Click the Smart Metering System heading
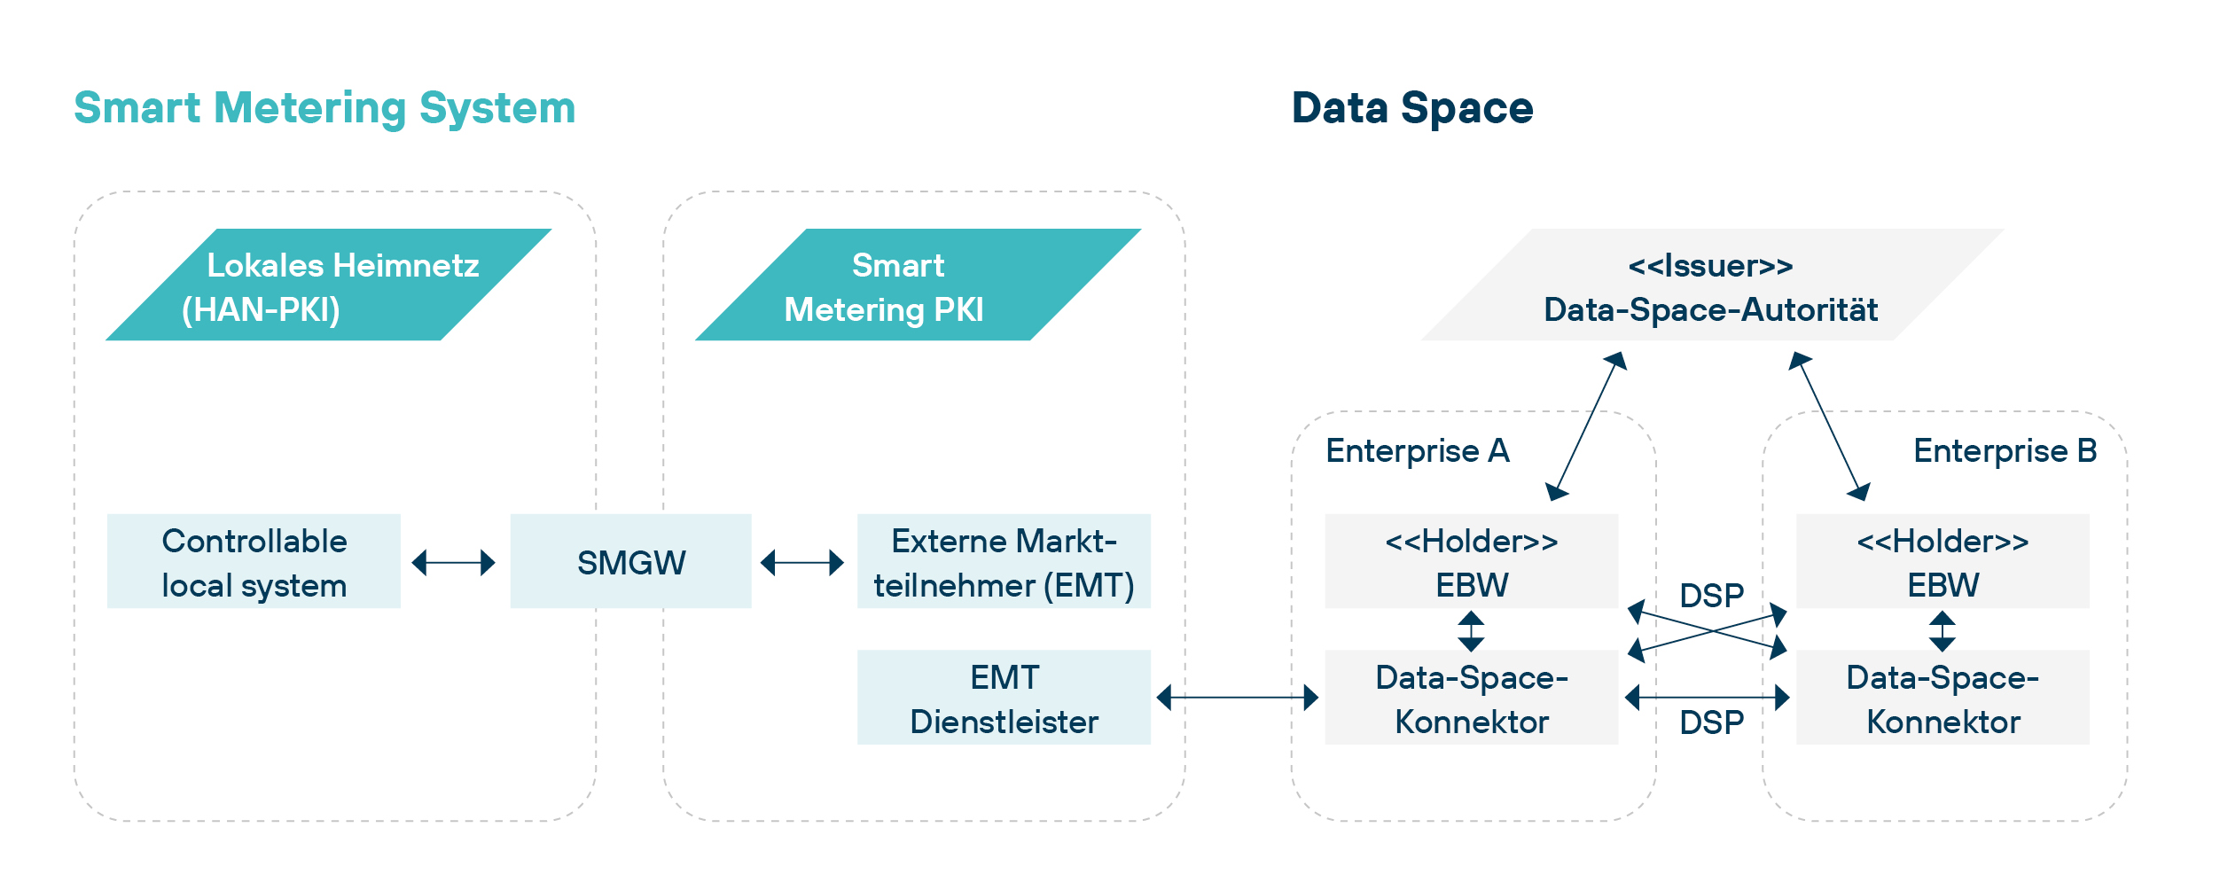(324, 108)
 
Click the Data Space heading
(1411, 108)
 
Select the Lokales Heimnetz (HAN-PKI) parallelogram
(329, 285)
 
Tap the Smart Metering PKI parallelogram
(918, 285)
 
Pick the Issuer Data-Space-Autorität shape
(1711, 285)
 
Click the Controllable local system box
(254, 562)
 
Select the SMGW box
(630, 562)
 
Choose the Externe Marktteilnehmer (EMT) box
(1004, 562)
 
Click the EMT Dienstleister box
(1004, 699)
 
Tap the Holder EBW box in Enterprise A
(1471, 562)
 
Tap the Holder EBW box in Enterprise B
(1942, 562)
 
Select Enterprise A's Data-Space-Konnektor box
(1471, 699)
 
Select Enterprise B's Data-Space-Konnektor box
(1942, 699)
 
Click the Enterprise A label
(1417, 451)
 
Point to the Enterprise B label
(2005, 451)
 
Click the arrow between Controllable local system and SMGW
(454, 562)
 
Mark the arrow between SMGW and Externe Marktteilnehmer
(802, 562)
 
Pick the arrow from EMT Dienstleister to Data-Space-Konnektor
(1238, 698)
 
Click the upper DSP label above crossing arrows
(1711, 595)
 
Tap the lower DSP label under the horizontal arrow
(1711, 722)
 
